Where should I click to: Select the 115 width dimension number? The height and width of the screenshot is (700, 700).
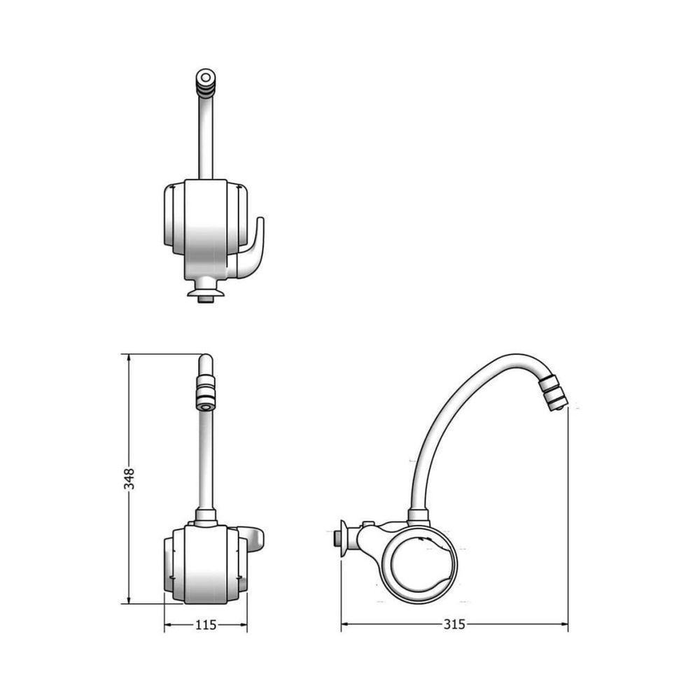pyautogui.click(x=206, y=625)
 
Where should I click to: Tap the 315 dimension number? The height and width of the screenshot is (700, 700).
pyautogui.click(x=454, y=625)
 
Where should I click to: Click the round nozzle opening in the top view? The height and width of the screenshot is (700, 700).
pyautogui.click(x=205, y=77)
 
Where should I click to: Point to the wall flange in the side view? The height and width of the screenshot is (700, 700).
pyautogui.click(x=342, y=538)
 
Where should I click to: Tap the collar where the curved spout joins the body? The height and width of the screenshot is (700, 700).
pyautogui.click(x=418, y=517)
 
